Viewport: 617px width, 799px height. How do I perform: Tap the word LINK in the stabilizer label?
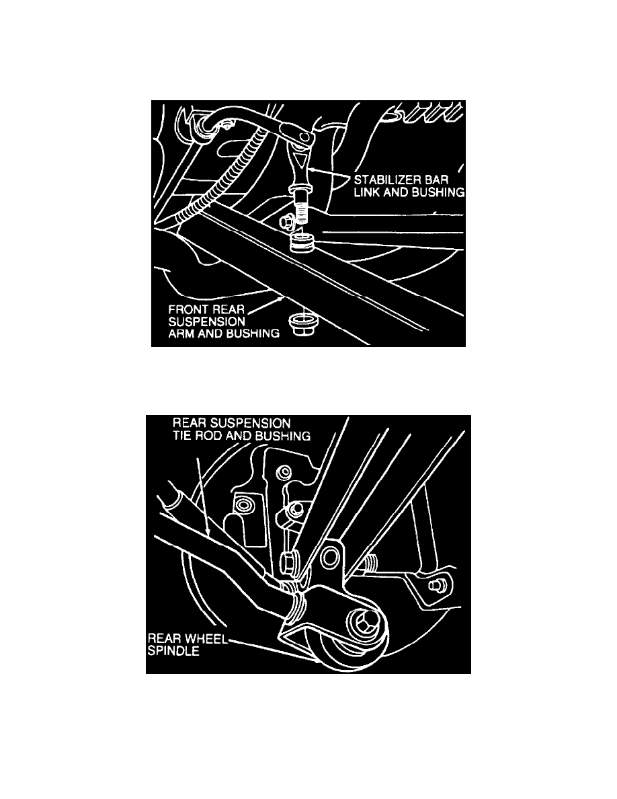point(366,192)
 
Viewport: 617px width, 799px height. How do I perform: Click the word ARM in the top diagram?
point(180,334)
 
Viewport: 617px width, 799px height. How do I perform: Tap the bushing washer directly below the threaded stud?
point(301,241)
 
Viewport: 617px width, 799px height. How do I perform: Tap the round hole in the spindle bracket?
point(331,557)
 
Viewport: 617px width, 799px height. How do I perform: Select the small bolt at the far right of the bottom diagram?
point(435,586)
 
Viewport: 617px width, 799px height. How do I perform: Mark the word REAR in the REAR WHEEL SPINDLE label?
point(166,639)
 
